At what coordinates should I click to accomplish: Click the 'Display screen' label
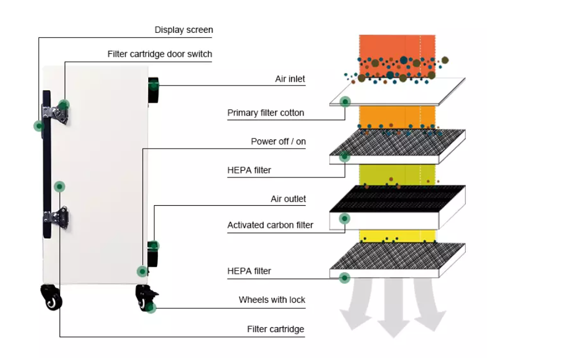click(x=184, y=29)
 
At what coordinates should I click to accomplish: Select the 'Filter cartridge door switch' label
click(x=159, y=54)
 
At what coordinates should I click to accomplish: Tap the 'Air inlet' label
click(x=290, y=79)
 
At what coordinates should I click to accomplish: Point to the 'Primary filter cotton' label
click(x=266, y=113)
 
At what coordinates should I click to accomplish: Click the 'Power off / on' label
click(x=278, y=142)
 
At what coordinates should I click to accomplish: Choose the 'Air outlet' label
click(x=288, y=199)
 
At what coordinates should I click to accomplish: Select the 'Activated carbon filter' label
click(x=270, y=225)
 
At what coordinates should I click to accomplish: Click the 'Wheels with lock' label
click(x=272, y=300)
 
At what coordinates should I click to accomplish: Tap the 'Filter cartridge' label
click(x=275, y=329)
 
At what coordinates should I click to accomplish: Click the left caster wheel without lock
click(x=51, y=297)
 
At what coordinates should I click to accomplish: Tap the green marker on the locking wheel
click(x=150, y=308)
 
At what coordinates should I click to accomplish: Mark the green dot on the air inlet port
click(x=154, y=86)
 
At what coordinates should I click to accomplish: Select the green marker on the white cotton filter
click(x=344, y=102)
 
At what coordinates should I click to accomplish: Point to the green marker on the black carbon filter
click(x=344, y=218)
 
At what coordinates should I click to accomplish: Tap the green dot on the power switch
click(x=142, y=271)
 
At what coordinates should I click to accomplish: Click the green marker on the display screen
click(x=39, y=126)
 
